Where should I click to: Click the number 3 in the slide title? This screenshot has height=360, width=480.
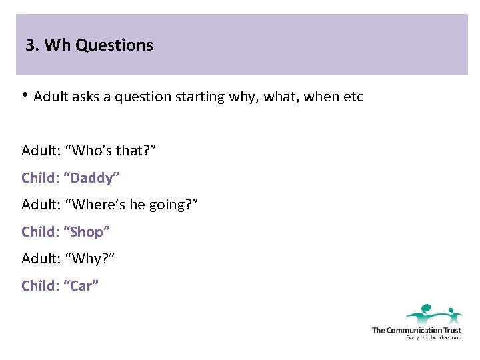pos(30,45)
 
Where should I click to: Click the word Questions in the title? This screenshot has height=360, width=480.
pos(114,45)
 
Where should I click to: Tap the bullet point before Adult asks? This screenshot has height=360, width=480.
pos(25,95)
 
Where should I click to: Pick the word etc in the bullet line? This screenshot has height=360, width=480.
pos(353,97)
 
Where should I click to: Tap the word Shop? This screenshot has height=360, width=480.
pos(87,232)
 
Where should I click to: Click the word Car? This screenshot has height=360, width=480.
pos(81,285)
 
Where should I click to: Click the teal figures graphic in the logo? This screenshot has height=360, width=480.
pos(434,314)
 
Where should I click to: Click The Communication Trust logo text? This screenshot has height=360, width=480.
pos(416,330)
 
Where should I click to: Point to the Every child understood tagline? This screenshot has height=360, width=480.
pos(433,337)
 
